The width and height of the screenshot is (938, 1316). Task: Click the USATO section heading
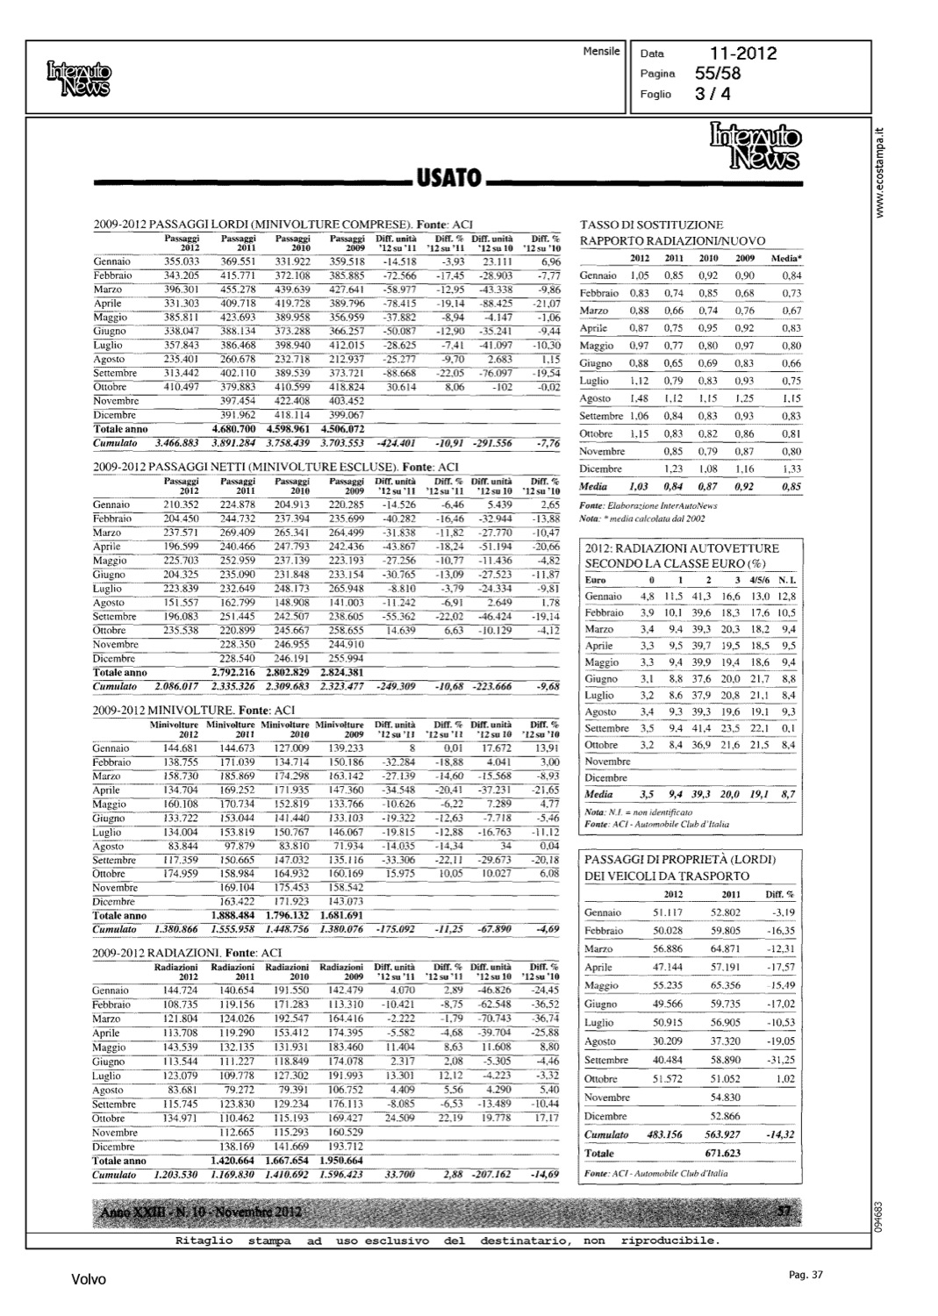click(448, 180)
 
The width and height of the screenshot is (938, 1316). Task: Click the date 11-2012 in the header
click(743, 54)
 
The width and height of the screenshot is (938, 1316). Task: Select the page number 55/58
click(717, 74)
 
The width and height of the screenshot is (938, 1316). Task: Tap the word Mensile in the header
click(601, 52)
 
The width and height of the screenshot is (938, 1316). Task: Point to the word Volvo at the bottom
click(89, 1280)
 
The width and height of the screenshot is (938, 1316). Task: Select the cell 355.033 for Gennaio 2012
click(182, 261)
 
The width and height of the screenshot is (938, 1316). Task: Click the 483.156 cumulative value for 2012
click(664, 1134)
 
